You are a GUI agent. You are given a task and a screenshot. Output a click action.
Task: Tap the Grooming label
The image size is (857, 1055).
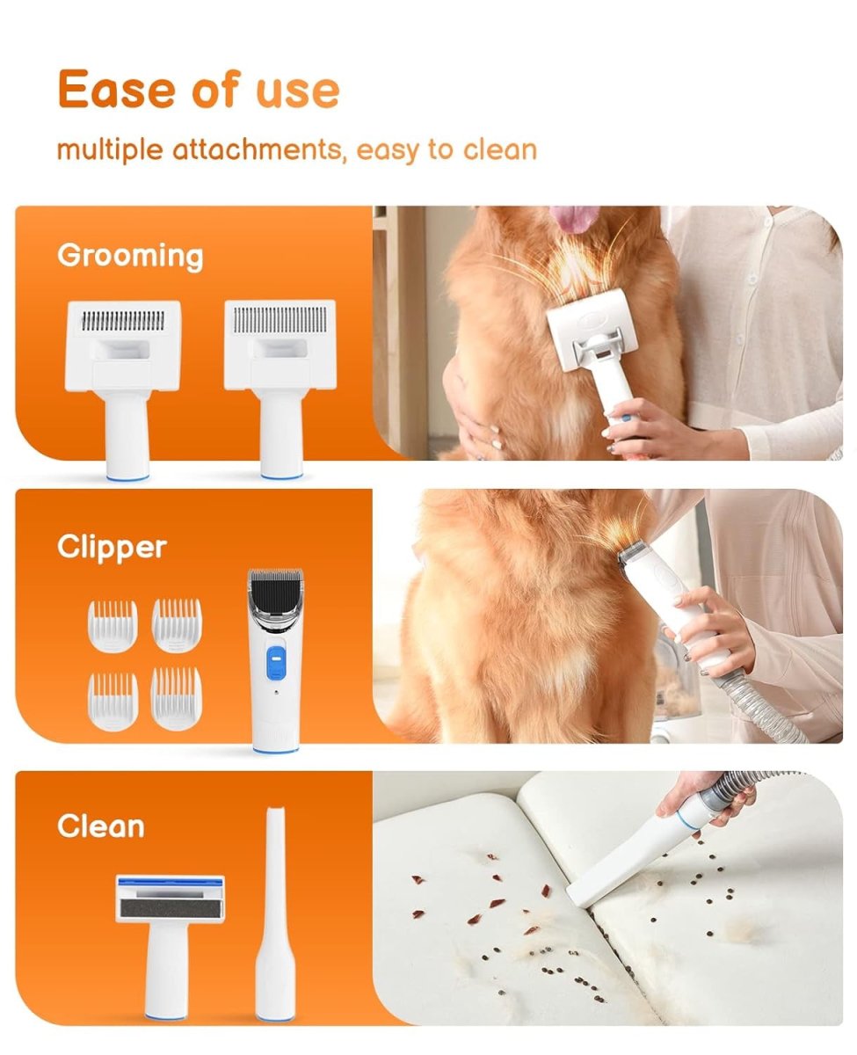(x=130, y=256)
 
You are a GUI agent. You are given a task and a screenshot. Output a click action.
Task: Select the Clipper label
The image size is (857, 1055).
(x=112, y=547)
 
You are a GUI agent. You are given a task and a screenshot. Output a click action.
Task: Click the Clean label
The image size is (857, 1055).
(x=101, y=826)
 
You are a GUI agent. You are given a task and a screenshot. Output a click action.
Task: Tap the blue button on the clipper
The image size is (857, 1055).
(x=277, y=660)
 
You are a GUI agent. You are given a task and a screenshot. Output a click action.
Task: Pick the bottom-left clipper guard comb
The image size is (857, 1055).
(x=113, y=700)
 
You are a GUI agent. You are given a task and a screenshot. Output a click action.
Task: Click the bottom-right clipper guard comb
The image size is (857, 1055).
(x=176, y=698)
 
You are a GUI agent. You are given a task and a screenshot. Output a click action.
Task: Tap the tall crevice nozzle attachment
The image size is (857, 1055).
(x=274, y=923)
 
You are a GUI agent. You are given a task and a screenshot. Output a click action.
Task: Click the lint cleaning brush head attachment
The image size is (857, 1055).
(x=169, y=923)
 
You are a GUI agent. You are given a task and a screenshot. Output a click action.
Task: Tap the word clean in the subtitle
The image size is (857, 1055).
(x=499, y=149)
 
